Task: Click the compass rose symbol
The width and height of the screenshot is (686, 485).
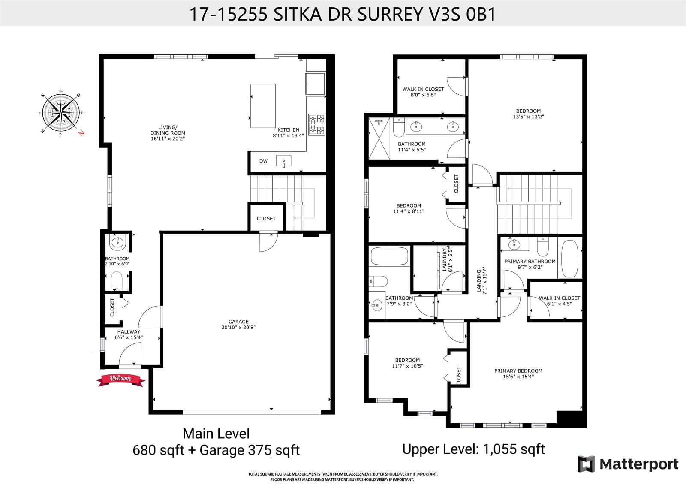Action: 61,114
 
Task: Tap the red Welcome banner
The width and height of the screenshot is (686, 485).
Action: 120,380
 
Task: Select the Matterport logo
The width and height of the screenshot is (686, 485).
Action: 628,464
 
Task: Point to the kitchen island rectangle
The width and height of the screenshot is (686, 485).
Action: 263,106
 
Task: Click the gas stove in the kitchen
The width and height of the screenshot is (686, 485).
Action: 317,124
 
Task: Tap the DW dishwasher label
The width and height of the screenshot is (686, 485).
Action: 263,161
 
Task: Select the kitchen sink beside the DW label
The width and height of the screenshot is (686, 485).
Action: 283,161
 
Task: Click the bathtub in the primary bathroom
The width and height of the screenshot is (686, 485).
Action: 569,259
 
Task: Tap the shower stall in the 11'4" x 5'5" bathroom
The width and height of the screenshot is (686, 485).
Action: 379,139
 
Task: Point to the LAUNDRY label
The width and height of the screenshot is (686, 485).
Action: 445,259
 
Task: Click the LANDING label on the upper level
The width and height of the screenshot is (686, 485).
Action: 479,280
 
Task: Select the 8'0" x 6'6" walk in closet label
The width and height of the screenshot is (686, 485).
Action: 423,92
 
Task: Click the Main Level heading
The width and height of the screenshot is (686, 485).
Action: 216,434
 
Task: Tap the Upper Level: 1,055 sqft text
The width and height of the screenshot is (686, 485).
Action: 473,449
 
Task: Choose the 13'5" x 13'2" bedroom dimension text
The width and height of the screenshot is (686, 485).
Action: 528,117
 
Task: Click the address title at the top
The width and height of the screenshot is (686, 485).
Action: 343,14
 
